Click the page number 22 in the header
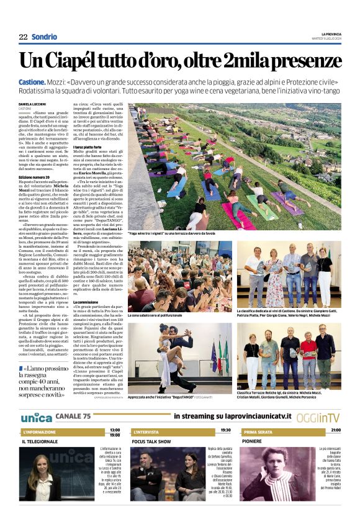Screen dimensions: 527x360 (23, 37)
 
